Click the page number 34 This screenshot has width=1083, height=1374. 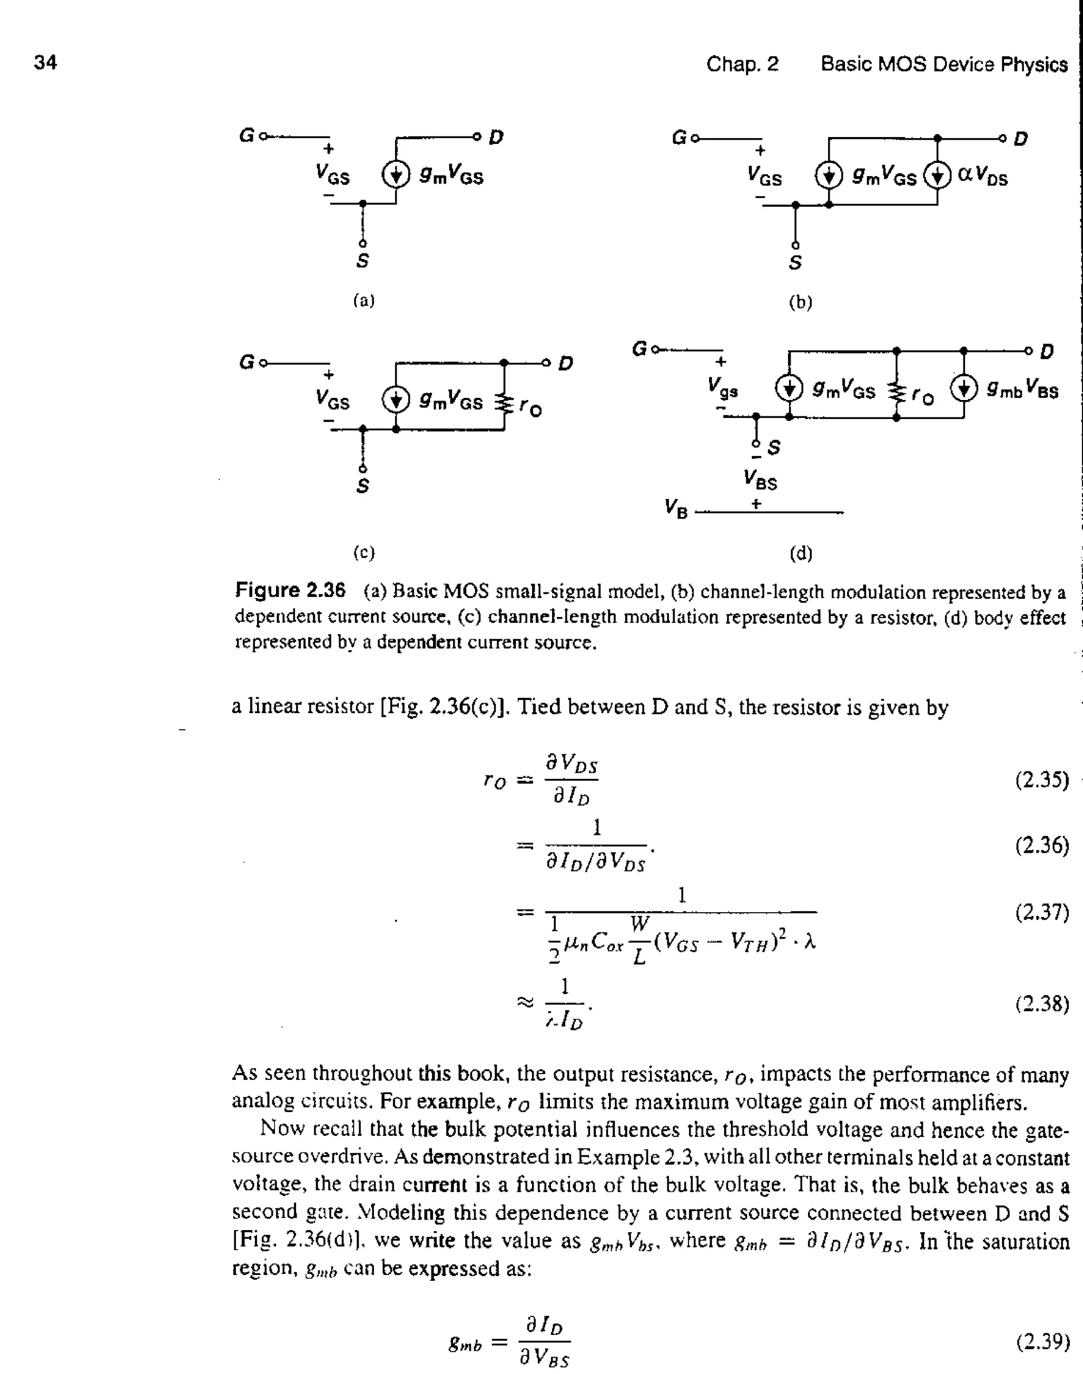coord(45,62)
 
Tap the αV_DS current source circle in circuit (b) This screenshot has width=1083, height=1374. coord(937,175)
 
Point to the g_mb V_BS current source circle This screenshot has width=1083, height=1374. coord(963,388)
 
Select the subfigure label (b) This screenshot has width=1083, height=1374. coord(800,303)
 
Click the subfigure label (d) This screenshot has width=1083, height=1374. coord(800,554)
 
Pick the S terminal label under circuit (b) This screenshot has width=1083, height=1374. coord(795,262)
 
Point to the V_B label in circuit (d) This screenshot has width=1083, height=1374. coord(675,508)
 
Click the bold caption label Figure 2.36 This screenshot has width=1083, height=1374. coord(290,590)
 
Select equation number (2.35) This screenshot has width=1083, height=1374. coord(1042,780)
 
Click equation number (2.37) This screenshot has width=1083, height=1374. coord(1042,912)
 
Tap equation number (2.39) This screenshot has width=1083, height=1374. coord(1042,1342)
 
